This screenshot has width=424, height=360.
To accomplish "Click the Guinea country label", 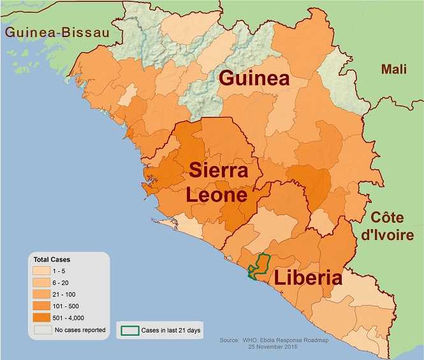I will (254, 80).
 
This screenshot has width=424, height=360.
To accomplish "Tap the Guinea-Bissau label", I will (55, 33).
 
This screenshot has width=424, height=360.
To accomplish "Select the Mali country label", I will (393, 69).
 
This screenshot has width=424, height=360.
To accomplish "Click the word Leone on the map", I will (217, 195).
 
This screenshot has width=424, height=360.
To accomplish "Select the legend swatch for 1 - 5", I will (42, 272).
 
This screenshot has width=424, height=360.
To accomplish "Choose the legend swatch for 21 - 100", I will (42, 294).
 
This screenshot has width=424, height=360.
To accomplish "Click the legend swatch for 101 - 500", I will (42, 306).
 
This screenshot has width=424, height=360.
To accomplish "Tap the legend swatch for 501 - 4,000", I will (42, 317).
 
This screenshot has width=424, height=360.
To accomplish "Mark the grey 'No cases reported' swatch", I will (42, 330).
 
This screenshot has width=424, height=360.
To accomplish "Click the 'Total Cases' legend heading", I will (52, 260).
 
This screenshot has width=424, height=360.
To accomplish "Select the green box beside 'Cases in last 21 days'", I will (131, 331).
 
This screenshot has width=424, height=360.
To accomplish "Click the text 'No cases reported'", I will (80, 330).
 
